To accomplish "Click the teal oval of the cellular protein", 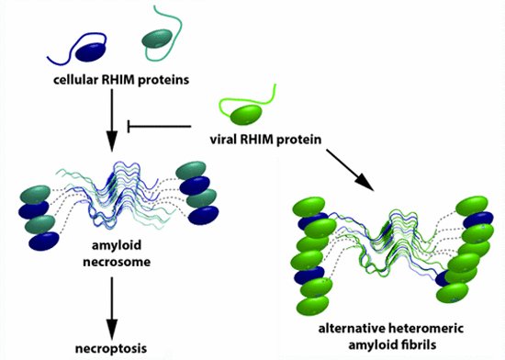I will (157, 37).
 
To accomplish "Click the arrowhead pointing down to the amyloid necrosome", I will (111, 141).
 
